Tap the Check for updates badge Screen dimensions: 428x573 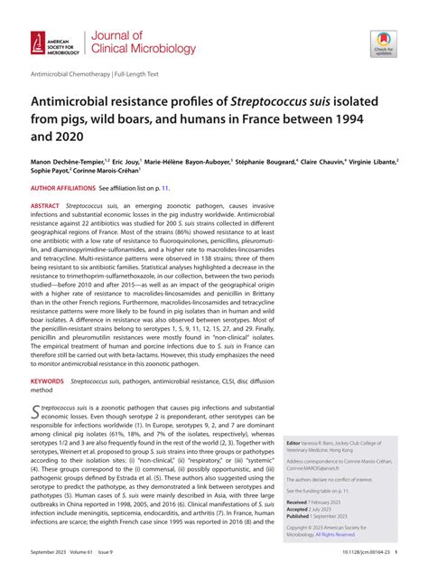click(x=383, y=43)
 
